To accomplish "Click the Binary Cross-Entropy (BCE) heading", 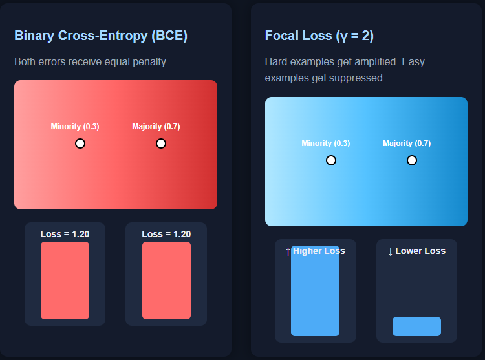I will point(101,36).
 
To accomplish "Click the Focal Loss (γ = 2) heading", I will point(319,36).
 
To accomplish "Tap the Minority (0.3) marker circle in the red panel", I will point(80,143).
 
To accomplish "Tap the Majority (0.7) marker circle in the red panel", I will point(161,143).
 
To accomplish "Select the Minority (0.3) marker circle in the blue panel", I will point(331,160).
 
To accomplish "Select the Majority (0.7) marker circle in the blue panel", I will point(412,160).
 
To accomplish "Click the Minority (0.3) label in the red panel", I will point(75,127).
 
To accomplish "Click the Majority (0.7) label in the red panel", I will point(156,127).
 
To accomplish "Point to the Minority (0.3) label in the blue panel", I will point(326,143).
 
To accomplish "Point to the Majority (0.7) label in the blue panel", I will point(407,143).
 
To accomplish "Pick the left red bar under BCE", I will point(65,281).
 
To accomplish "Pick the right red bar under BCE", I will point(166,281).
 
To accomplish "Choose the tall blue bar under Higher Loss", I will point(315,294).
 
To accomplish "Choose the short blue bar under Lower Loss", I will point(416,326).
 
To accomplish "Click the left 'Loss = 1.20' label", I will point(65,234).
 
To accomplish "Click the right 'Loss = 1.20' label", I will point(166,234).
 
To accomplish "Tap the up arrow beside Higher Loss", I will point(288,251).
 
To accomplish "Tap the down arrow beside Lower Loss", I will point(390,251).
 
